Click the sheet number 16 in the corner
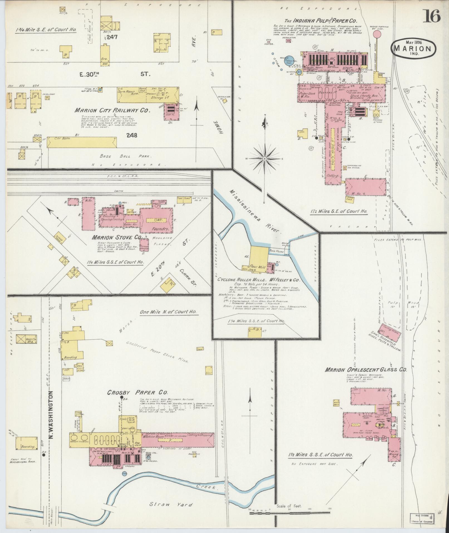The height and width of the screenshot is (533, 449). pos(432,16)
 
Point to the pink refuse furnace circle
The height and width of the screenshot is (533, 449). pos(377,34)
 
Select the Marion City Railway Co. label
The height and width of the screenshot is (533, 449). pos(112,110)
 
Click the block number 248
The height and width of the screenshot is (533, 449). pos(131,135)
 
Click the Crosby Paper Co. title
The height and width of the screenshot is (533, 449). pos(138,392)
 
